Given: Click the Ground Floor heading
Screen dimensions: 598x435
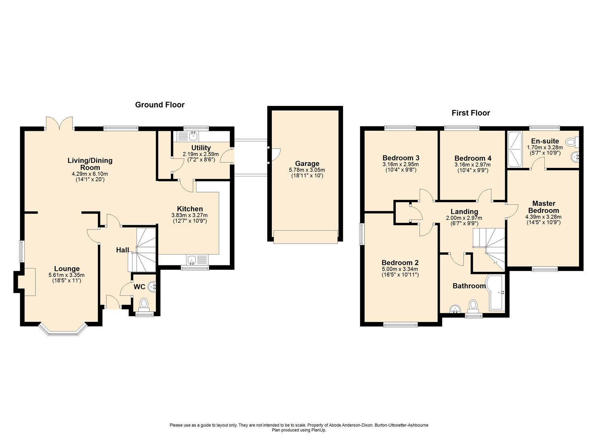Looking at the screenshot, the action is coord(159,105).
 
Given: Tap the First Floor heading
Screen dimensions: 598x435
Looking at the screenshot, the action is coord(471,113).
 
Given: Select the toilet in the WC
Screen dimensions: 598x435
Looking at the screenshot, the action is coord(144,305).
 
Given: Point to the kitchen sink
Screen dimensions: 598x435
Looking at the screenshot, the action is coord(197,259).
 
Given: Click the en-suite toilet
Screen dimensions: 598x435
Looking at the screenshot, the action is coord(573,142).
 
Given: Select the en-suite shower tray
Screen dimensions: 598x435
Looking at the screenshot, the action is coord(514,149).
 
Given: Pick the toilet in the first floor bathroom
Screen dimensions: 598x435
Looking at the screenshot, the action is coord(473,307).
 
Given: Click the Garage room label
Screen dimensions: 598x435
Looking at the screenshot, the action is coord(307,164).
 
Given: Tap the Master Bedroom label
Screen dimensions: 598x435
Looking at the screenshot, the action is coord(544,207).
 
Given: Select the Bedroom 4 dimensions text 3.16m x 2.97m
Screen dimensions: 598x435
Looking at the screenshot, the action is coord(472,164).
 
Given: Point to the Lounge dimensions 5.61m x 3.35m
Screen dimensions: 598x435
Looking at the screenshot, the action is coord(66,275).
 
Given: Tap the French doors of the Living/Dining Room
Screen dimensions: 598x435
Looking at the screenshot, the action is coord(59,123).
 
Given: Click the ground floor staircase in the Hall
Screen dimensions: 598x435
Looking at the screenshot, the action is coord(142,250).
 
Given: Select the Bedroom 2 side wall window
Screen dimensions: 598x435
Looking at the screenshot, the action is coord(362,234).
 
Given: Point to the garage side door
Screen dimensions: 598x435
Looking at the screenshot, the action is coord(274,155).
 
